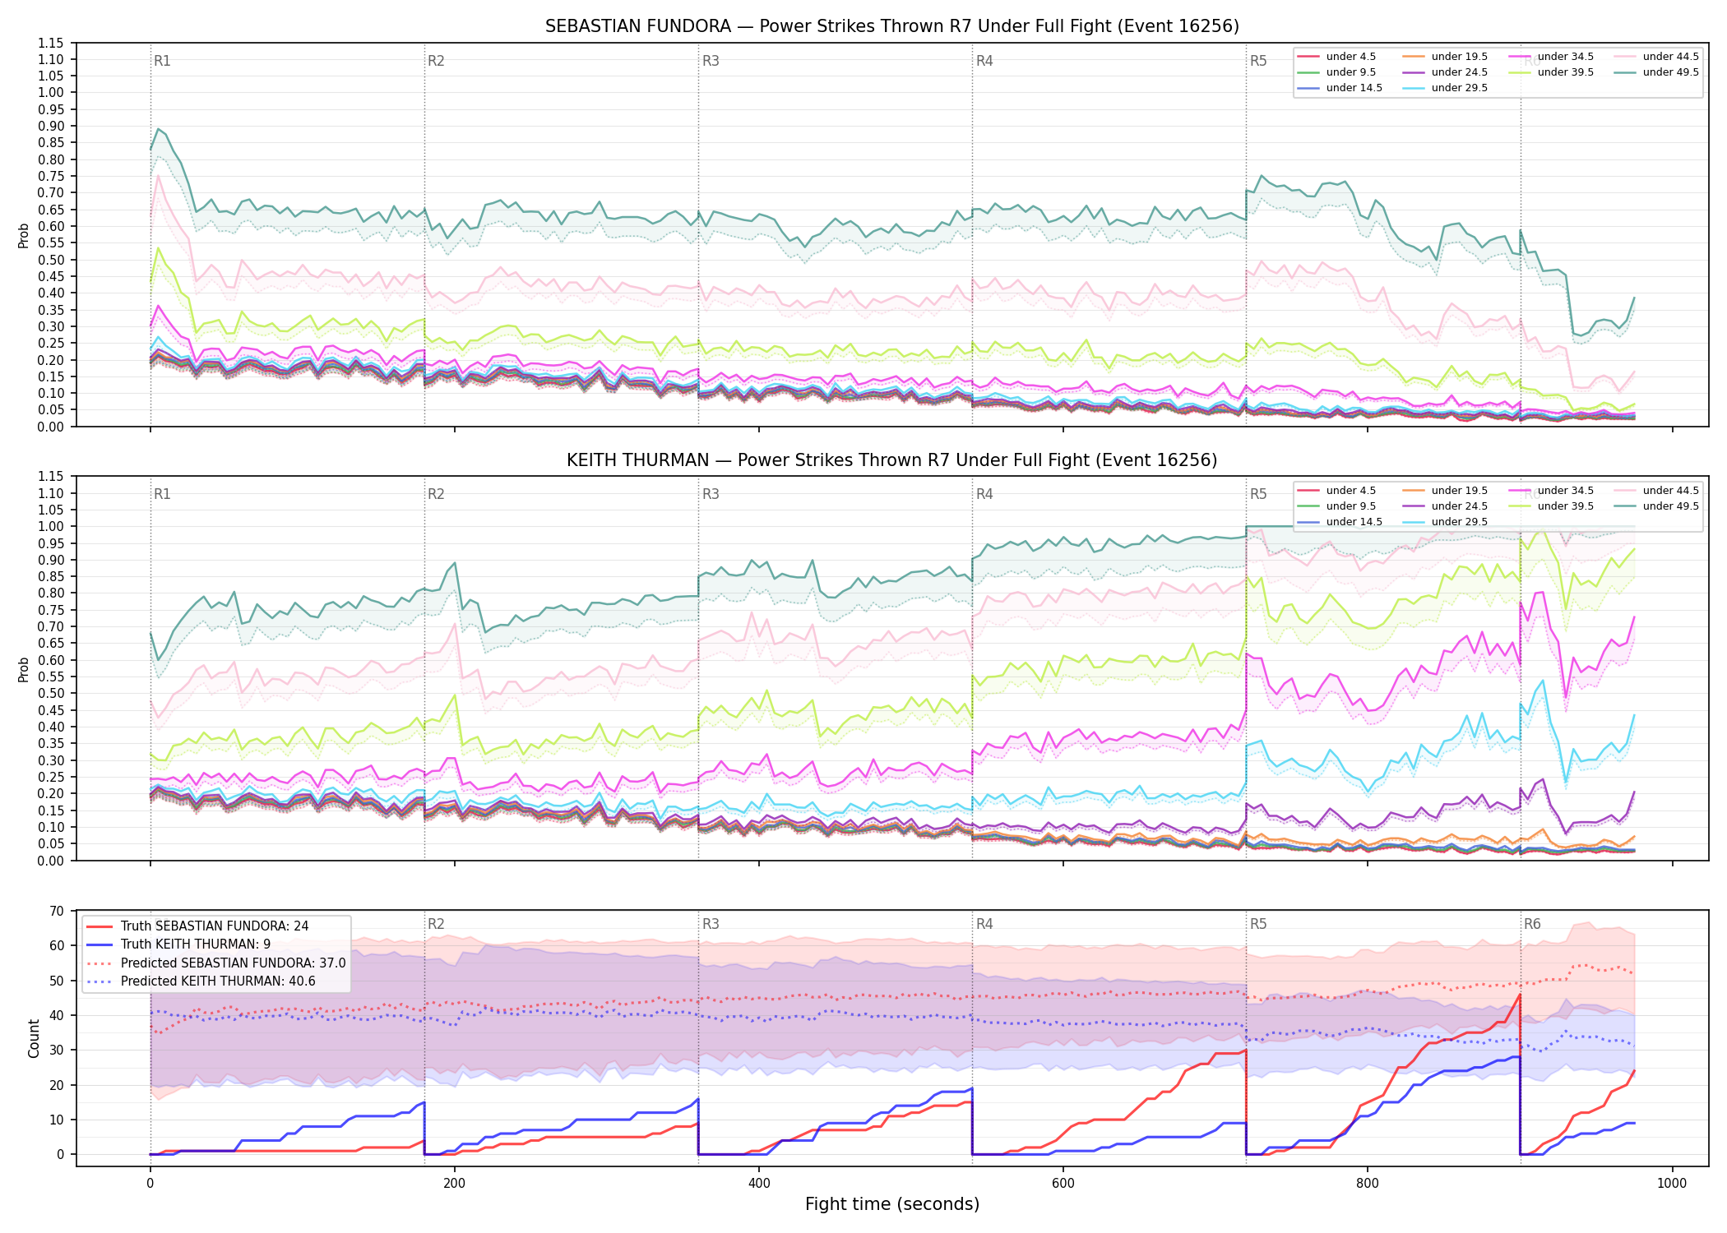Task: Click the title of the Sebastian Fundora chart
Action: pos(892,26)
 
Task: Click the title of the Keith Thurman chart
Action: pos(892,460)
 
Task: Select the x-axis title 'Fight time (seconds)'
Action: pos(892,1204)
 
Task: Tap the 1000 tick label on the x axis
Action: pos(1672,1184)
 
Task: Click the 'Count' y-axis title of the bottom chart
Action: pos(34,1038)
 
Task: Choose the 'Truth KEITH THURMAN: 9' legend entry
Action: pos(196,944)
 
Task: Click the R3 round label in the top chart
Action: pos(711,61)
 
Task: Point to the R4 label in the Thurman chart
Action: pos(984,494)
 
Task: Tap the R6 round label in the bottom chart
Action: pos(1532,924)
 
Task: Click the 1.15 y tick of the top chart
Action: pos(50,43)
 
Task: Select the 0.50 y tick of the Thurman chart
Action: pos(50,693)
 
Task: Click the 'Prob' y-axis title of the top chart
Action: pos(24,235)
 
